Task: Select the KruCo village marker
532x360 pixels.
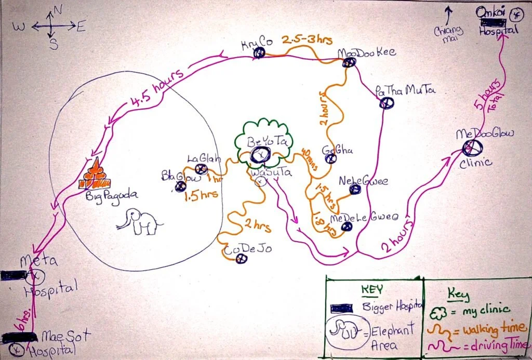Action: point(259,52)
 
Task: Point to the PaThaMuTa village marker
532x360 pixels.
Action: point(386,103)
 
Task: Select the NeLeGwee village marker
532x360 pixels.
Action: point(355,190)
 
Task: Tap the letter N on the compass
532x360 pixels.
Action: point(58,9)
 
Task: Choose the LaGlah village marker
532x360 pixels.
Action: point(201,168)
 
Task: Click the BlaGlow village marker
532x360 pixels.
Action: point(181,186)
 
